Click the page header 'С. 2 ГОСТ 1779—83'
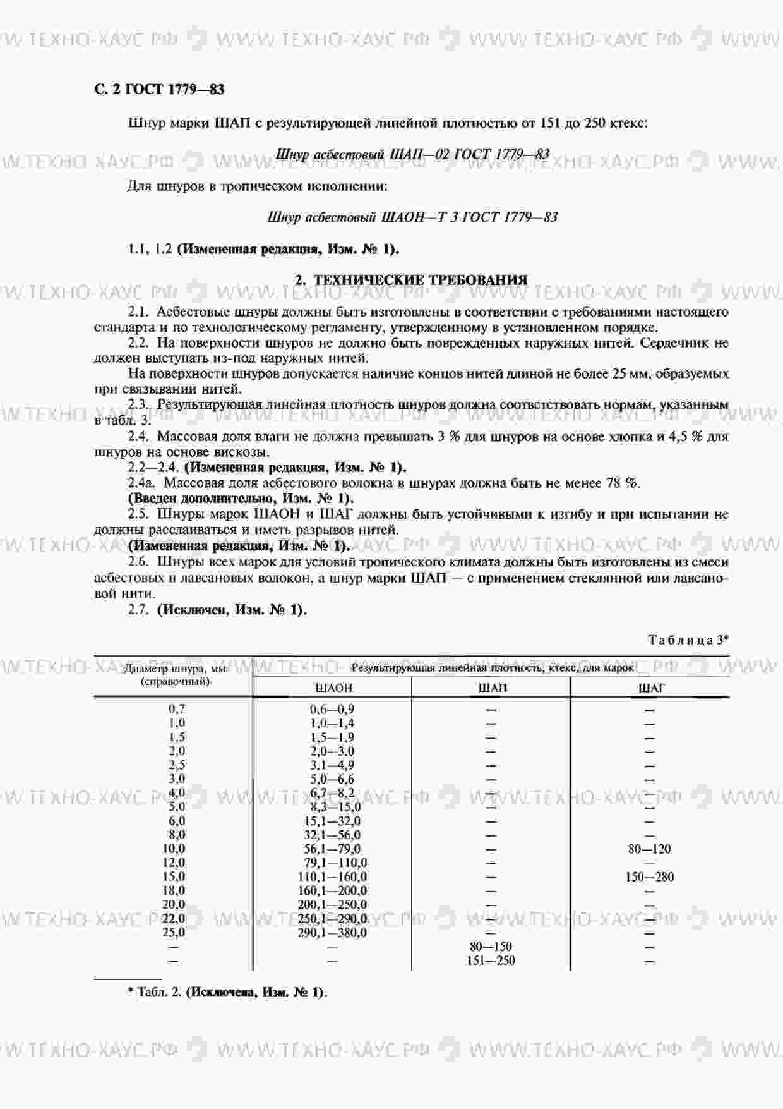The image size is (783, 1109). click(x=158, y=89)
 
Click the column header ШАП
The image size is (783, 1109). click(x=491, y=688)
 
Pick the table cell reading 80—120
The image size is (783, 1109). click(x=649, y=849)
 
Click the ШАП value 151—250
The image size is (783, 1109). click(x=491, y=961)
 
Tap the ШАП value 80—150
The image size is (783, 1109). click(x=491, y=947)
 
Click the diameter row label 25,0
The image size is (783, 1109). click(x=174, y=933)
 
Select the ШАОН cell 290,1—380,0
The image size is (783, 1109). click(x=332, y=933)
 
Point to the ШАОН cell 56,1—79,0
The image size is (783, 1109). click(x=332, y=849)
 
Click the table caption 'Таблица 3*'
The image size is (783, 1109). click(x=688, y=640)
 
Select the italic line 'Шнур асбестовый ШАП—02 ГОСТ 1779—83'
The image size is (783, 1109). click(x=412, y=154)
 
